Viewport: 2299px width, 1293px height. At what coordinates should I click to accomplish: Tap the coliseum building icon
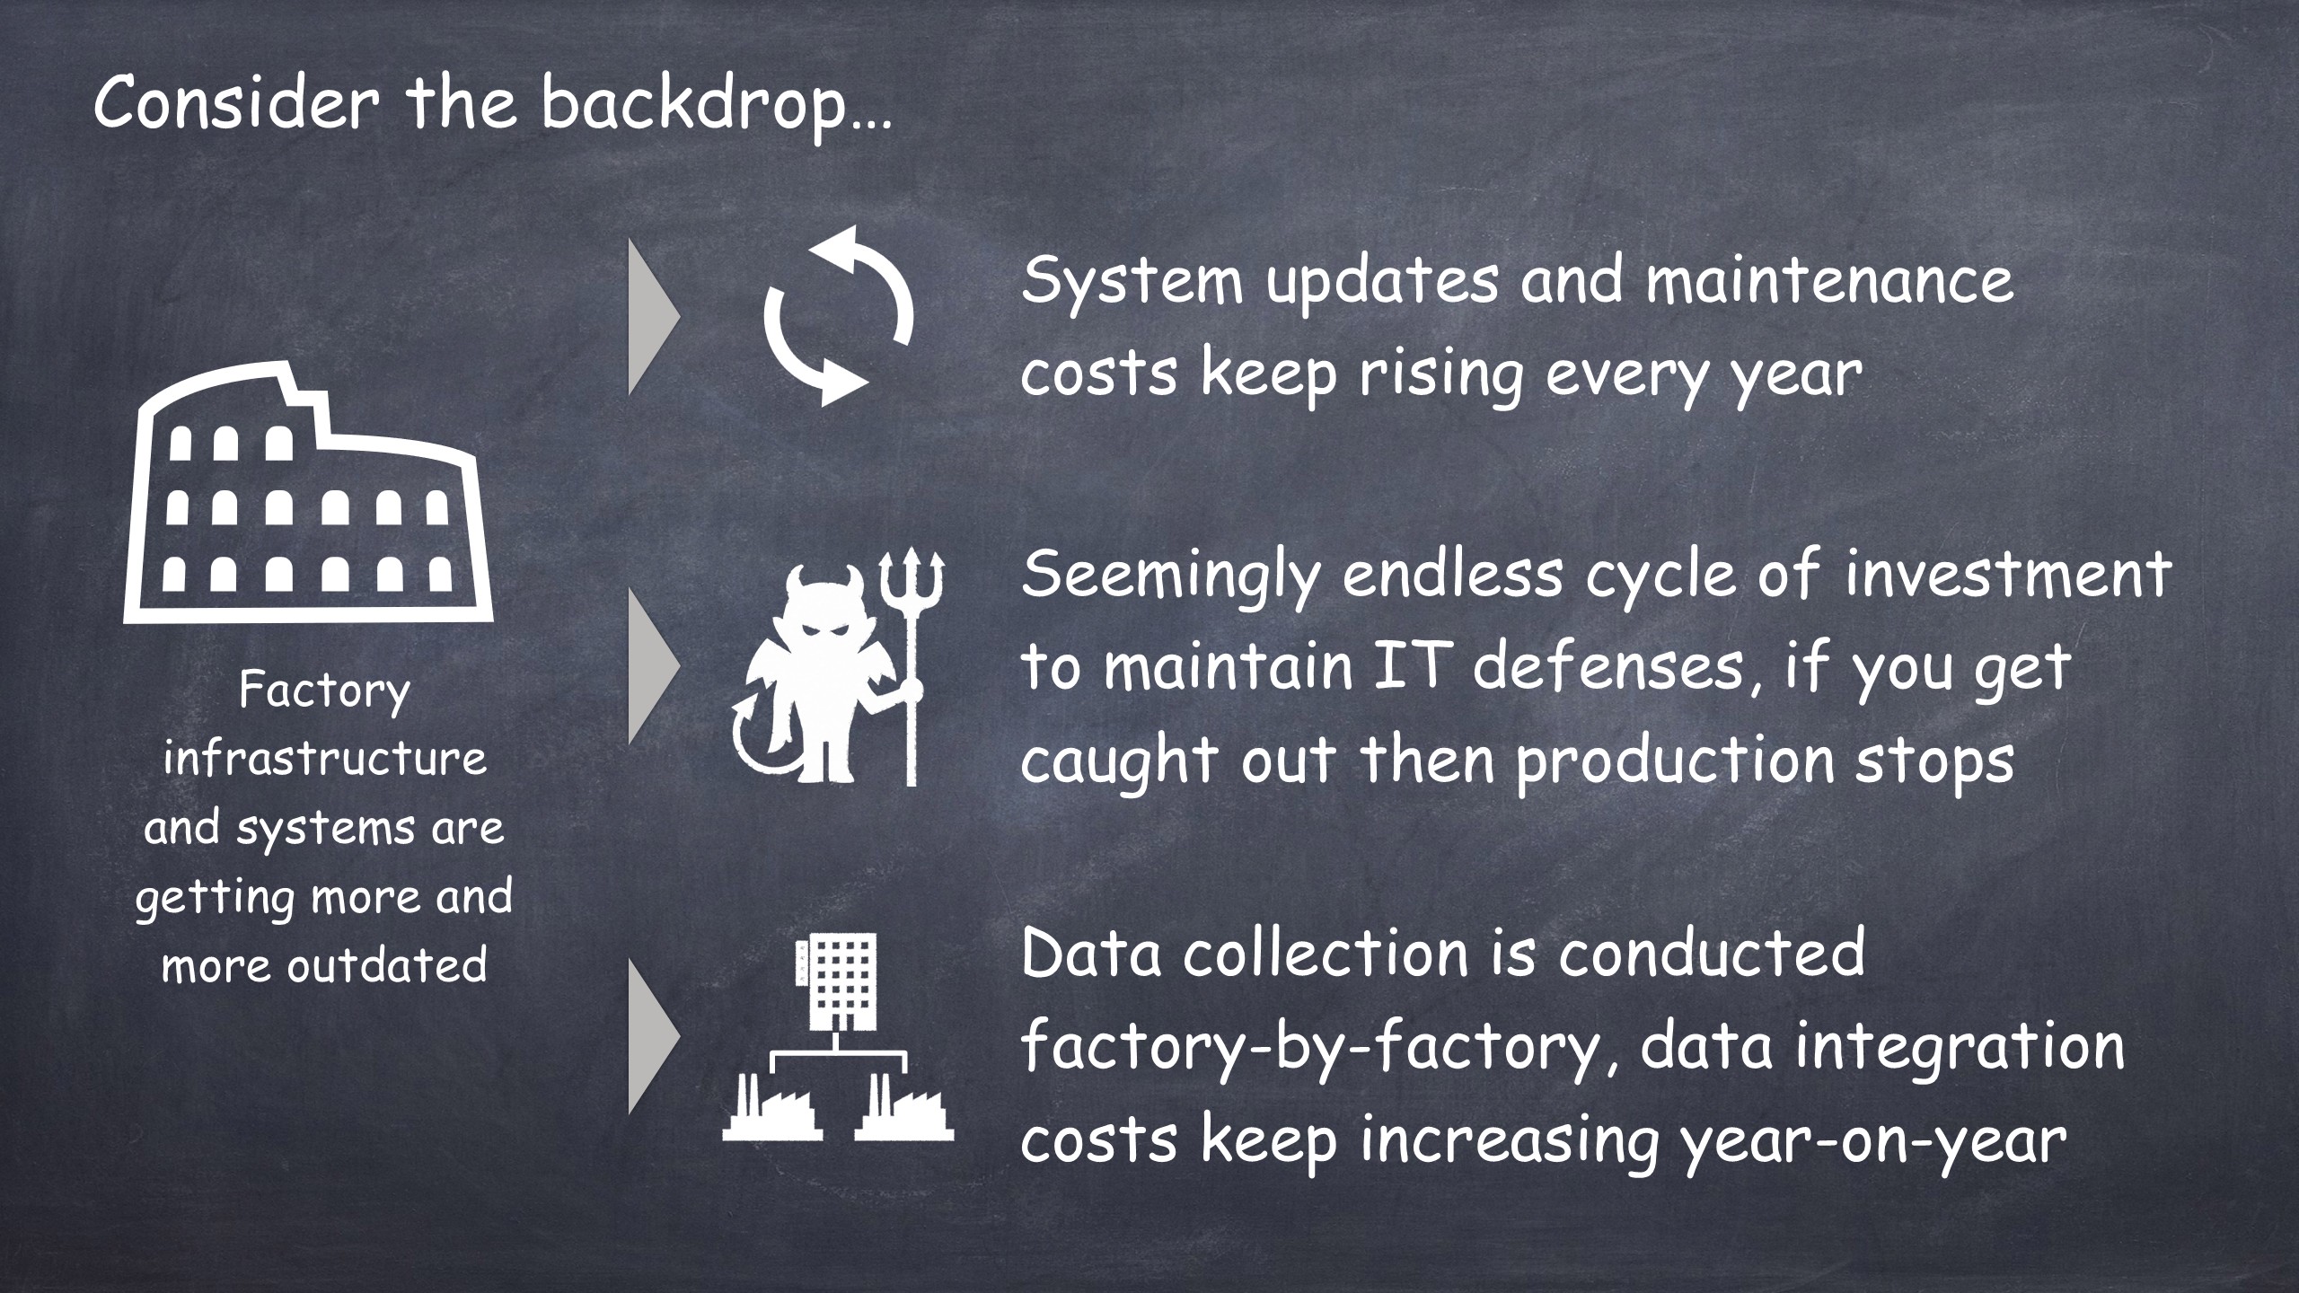(x=308, y=491)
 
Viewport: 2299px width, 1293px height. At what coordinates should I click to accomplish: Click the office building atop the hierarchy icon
(x=836, y=982)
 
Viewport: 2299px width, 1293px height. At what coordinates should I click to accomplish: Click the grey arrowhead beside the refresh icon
(x=655, y=317)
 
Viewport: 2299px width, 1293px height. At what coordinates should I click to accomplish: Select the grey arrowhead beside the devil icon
(x=655, y=665)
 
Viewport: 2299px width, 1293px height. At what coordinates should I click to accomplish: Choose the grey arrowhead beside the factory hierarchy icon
(x=655, y=1037)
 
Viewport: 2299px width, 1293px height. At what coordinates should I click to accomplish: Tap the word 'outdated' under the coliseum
(x=387, y=965)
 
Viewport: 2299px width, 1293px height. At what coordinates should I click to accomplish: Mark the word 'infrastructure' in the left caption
(x=324, y=759)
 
